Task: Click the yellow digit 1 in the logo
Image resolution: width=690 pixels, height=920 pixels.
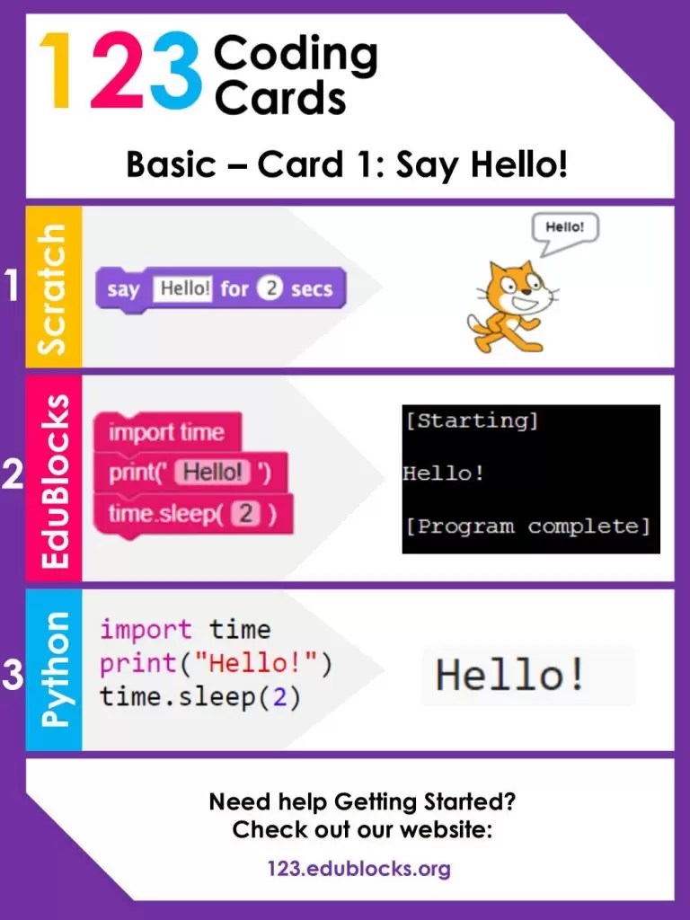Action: (56, 72)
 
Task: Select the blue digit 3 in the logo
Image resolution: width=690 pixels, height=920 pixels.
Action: (176, 72)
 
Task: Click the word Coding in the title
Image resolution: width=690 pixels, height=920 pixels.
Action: (296, 56)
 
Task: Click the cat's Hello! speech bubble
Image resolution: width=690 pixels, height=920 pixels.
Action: (565, 229)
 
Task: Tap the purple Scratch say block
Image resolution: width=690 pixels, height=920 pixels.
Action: (220, 289)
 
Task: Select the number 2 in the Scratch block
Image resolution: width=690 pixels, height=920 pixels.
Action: (270, 289)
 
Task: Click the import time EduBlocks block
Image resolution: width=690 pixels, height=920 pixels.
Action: (166, 432)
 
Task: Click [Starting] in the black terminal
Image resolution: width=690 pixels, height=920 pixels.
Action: (471, 420)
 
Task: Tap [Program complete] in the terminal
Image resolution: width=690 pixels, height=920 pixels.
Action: (526, 526)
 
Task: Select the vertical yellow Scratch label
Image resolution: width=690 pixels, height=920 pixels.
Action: (54, 287)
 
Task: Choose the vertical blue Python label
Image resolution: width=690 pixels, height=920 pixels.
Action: (54, 669)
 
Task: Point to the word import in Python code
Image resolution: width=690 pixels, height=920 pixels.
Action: (146, 629)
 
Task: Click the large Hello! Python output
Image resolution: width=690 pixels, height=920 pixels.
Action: (510, 675)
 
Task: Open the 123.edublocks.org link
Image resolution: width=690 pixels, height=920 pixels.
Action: (358, 869)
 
